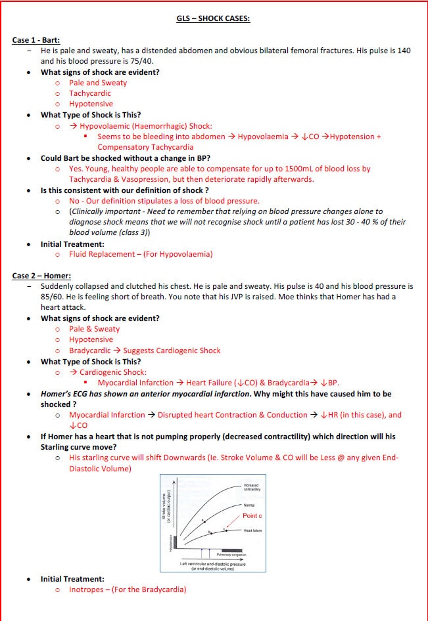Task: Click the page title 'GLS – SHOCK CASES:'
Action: pos(214,18)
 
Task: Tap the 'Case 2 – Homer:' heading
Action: pos(41,276)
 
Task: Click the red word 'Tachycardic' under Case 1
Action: pos(90,93)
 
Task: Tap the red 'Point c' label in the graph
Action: pos(252,516)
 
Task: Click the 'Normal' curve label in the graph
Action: pos(249,505)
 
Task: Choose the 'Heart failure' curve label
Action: pos(252,530)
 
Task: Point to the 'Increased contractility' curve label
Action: pos(251,488)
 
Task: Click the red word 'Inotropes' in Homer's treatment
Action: pos(89,589)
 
